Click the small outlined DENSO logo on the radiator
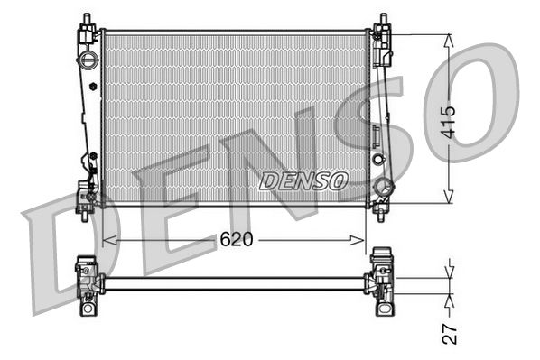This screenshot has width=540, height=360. (x=303, y=180)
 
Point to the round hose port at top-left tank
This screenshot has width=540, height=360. (x=88, y=61)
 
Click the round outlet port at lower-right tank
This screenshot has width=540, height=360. (x=384, y=189)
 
